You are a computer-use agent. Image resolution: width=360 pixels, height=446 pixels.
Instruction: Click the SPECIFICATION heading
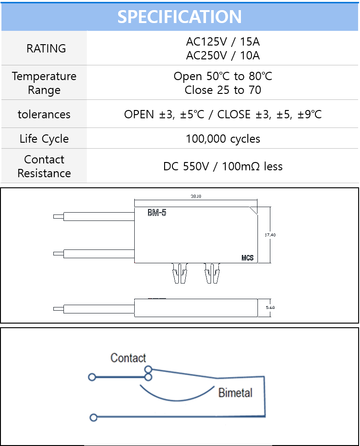179,17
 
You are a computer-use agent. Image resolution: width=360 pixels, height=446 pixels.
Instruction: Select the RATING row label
46,48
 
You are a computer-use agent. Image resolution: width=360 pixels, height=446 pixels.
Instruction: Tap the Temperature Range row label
44,83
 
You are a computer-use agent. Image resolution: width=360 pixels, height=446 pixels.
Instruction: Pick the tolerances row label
44,114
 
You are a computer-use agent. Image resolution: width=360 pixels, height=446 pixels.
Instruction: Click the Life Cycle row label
44,139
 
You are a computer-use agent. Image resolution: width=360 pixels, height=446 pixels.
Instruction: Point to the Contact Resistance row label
44,166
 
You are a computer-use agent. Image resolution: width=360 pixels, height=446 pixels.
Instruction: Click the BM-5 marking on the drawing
157,213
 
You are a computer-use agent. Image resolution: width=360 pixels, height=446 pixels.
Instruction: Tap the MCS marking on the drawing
247,258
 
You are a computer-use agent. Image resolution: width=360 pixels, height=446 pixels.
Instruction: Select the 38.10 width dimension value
196,197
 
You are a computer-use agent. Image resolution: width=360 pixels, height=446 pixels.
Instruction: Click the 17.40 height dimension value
270,235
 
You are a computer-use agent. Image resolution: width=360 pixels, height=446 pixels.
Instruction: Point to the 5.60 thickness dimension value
270,307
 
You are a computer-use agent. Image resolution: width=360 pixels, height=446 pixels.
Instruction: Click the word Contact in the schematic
128,358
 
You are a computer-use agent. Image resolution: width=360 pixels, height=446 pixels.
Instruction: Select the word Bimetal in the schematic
235,393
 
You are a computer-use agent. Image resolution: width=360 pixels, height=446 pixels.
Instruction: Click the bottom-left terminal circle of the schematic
93,417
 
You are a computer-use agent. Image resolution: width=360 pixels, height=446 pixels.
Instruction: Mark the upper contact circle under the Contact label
148,369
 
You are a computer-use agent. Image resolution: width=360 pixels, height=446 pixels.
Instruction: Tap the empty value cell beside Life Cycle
223,139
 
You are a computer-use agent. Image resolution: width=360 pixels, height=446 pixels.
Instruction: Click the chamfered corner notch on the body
253,210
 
